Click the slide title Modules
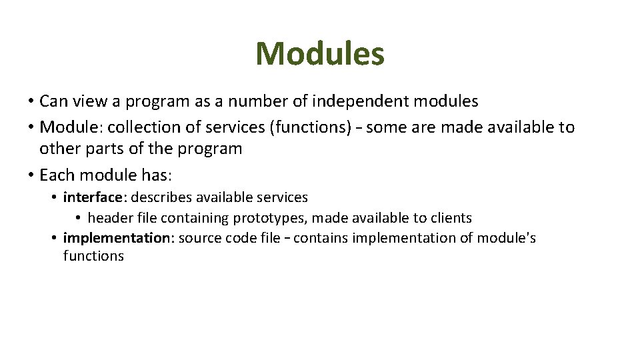[320, 54]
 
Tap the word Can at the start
[51, 101]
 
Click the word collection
[140, 127]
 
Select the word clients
[450, 218]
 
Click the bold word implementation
[116, 238]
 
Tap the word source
[198, 238]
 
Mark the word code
[241, 238]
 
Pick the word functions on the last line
[93, 256]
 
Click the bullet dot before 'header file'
[78, 219]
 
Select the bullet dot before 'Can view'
[31, 102]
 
